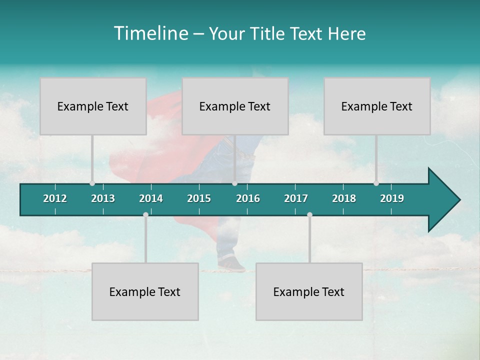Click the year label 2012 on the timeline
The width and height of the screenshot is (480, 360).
click(x=55, y=198)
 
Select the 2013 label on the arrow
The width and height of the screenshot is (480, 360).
click(x=103, y=198)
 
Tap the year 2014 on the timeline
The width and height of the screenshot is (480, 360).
click(x=151, y=198)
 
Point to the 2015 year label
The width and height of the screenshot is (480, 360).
click(x=199, y=198)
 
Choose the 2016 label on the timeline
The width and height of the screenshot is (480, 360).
click(x=248, y=198)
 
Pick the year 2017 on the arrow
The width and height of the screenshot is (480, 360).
click(x=296, y=198)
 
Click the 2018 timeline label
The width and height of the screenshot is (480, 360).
click(x=344, y=198)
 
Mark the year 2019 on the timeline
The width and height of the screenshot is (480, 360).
click(x=392, y=198)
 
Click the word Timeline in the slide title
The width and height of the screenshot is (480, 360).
click(x=150, y=33)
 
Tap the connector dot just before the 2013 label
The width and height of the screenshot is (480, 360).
click(x=92, y=183)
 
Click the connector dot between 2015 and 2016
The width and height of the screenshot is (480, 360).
click(x=234, y=183)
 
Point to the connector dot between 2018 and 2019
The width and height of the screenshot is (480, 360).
click(x=376, y=183)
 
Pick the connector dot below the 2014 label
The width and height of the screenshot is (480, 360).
click(x=145, y=214)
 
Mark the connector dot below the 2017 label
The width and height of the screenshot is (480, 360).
click(x=309, y=214)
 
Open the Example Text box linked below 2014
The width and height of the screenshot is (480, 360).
click(x=145, y=291)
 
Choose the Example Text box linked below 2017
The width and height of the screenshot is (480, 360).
click(x=309, y=291)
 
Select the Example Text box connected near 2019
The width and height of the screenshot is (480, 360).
click(x=377, y=106)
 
